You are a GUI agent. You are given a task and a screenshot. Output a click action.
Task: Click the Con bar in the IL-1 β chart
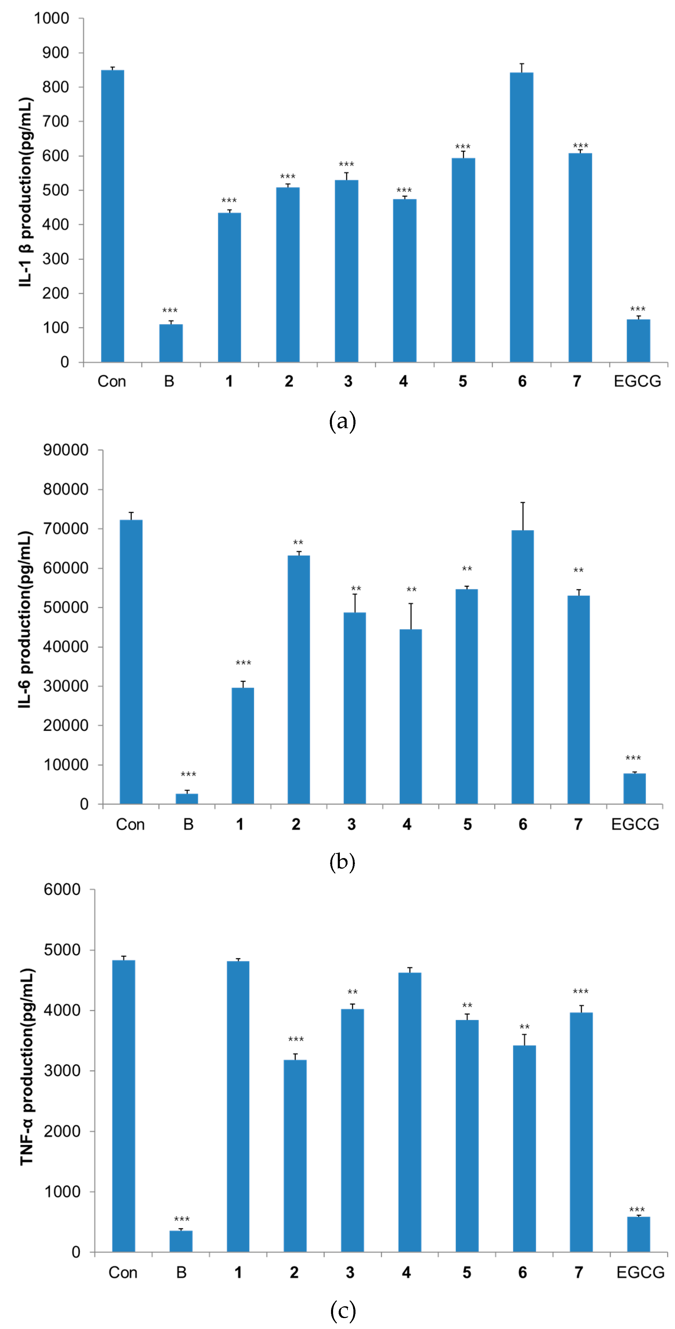(x=112, y=216)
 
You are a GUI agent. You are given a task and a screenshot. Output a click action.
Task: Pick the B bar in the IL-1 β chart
(x=171, y=343)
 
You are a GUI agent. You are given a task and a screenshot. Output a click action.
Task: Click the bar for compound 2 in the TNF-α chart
(x=295, y=1156)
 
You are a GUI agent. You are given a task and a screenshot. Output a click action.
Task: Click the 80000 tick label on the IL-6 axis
(x=65, y=489)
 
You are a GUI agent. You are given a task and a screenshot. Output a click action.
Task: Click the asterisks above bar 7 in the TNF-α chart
(x=581, y=992)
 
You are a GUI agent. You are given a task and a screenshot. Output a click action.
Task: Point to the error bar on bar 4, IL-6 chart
(x=411, y=616)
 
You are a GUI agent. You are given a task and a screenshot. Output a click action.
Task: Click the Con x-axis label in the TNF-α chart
(x=123, y=1273)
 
